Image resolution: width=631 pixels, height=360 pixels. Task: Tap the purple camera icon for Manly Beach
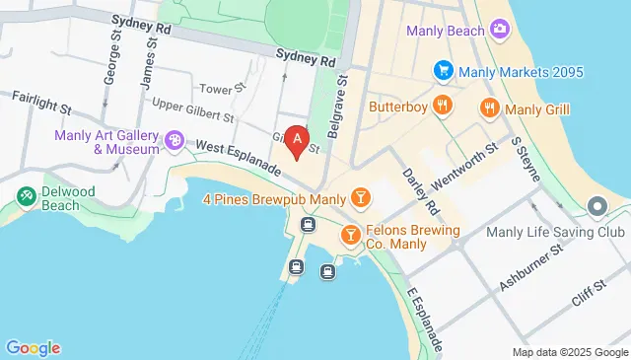pos(500,31)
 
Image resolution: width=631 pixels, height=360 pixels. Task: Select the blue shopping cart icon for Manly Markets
pos(444,72)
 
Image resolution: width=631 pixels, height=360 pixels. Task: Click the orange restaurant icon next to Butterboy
pos(444,106)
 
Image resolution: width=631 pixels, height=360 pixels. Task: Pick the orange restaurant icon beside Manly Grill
pos(488,108)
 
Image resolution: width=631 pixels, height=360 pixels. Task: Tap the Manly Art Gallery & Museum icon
pos(175,142)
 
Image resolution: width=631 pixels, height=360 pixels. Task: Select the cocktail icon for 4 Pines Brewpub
pos(362,199)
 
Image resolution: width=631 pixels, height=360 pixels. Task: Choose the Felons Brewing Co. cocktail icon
pos(349,236)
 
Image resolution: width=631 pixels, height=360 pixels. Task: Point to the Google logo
pos(33,347)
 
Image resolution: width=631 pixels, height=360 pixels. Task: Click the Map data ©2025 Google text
pos(569,352)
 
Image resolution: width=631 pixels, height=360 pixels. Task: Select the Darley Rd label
pos(420,191)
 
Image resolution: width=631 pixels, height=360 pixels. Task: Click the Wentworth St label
pos(462,155)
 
